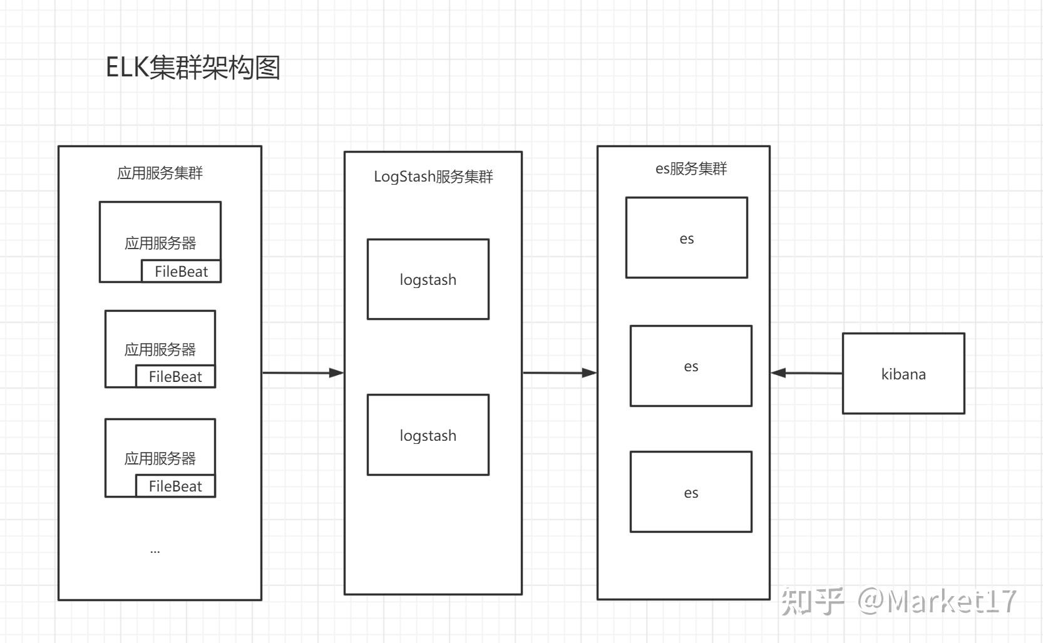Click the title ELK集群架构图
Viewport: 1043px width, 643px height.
point(193,68)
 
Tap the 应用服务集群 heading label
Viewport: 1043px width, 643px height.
point(160,173)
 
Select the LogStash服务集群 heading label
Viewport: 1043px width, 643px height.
point(433,177)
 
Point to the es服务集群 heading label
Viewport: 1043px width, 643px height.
point(691,168)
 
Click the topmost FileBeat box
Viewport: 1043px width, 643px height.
point(181,271)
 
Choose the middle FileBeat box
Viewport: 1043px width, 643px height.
point(175,376)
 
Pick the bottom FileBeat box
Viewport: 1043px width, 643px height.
point(175,486)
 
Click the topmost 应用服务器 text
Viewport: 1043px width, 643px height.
point(160,243)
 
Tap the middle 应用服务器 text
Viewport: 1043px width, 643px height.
point(160,349)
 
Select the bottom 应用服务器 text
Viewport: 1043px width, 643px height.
point(160,458)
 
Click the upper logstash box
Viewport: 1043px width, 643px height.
point(428,279)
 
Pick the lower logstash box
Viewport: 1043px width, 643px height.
point(428,435)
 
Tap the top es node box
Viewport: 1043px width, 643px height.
point(687,238)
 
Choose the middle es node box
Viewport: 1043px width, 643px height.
point(691,366)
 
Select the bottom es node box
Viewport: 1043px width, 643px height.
point(691,492)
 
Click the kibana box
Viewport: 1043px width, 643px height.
point(903,374)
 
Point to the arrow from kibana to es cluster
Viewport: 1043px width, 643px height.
point(806,373)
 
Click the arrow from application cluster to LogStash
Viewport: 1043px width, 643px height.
point(303,373)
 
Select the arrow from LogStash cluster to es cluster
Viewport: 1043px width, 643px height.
point(560,373)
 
